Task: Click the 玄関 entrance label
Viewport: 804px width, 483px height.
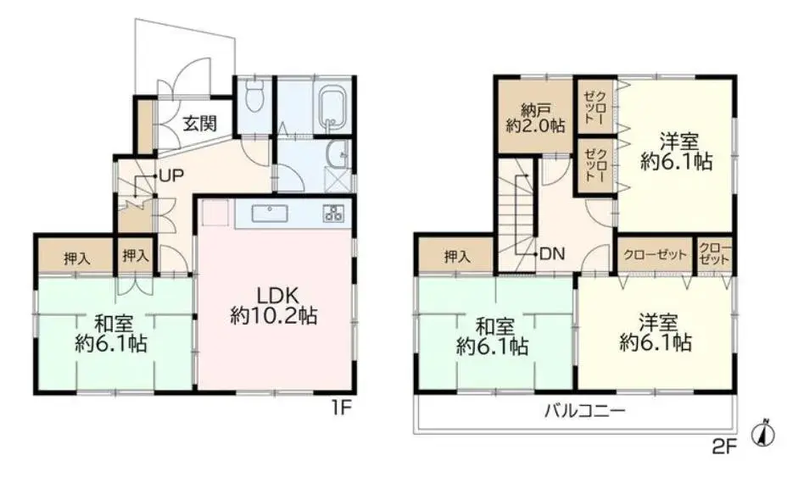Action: tap(200, 124)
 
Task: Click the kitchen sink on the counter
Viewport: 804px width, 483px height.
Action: tap(269, 213)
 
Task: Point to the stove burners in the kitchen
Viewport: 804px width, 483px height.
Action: tap(333, 213)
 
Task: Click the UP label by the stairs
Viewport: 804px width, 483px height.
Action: tap(170, 176)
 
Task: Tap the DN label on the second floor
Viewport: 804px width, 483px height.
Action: tap(552, 253)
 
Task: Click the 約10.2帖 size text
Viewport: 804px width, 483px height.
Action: tap(273, 317)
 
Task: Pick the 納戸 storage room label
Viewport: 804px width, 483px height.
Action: tap(535, 110)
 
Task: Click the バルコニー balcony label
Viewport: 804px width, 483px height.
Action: tap(585, 411)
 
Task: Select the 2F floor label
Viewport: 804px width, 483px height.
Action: tap(724, 448)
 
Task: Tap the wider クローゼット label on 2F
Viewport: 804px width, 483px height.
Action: tap(656, 254)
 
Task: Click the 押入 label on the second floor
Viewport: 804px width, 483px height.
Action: tap(457, 256)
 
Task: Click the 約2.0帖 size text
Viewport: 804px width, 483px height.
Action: tap(535, 126)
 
